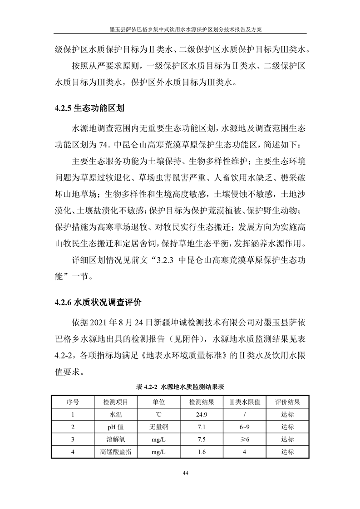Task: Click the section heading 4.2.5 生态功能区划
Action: click(89, 109)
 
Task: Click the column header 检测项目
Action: click(116, 402)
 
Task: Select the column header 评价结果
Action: click(287, 402)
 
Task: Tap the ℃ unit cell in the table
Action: click(158, 415)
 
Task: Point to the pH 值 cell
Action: click(116, 427)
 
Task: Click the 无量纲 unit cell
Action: click(158, 427)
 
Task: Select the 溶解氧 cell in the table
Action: click(116, 439)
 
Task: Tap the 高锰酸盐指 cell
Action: click(116, 452)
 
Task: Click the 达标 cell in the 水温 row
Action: click(287, 415)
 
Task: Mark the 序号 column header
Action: click(73, 402)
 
